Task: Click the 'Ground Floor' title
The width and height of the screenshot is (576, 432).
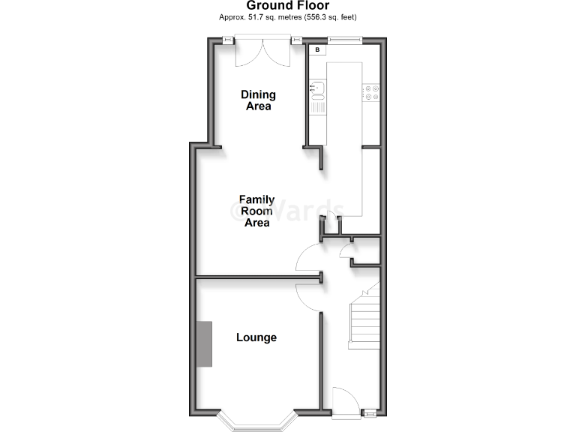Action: coord(287,6)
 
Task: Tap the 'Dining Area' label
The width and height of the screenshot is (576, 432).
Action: coord(258,100)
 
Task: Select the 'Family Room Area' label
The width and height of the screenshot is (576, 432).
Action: coord(256,211)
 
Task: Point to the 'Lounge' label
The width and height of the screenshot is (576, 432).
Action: coord(256,337)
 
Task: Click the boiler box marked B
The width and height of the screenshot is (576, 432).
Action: coord(318,50)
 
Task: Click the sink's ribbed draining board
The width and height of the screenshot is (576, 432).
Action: coord(318,106)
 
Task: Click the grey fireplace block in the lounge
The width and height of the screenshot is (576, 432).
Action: coord(204,343)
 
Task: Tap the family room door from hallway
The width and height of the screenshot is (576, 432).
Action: coord(308,258)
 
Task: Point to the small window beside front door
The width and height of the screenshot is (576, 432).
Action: coord(370,412)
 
